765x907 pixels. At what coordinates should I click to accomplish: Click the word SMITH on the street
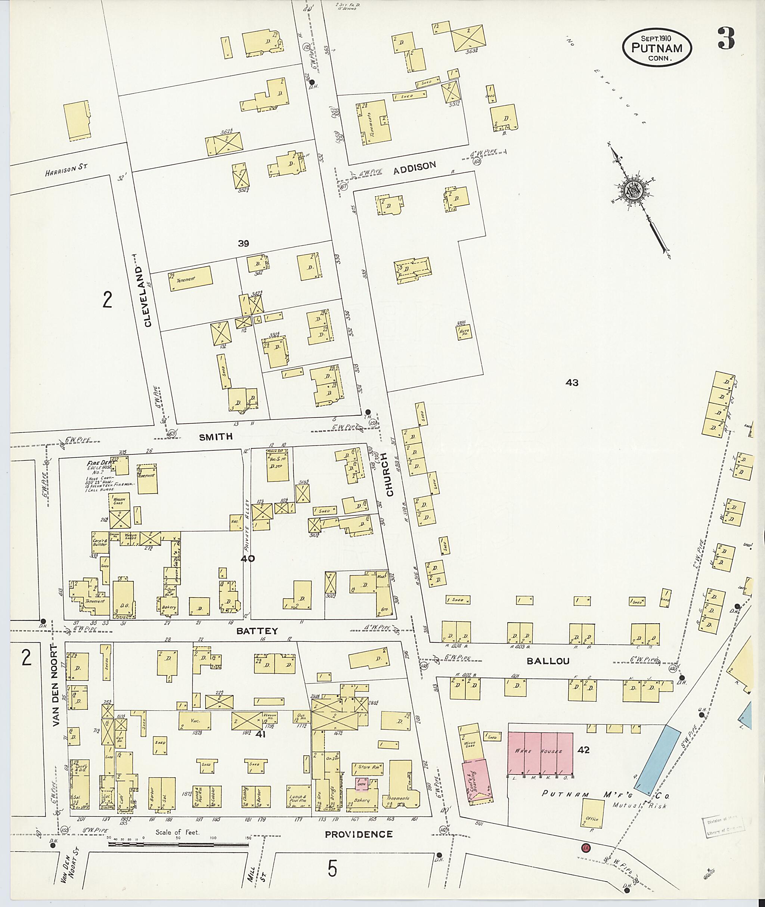(x=216, y=437)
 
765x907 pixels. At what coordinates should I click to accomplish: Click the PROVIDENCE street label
(x=359, y=834)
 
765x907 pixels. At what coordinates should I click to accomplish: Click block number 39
(x=243, y=244)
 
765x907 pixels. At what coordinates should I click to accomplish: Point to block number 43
(x=572, y=382)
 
